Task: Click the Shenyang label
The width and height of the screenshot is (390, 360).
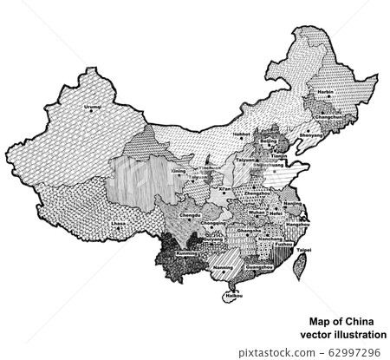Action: pos(310,135)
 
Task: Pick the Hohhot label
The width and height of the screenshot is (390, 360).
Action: pos(244,135)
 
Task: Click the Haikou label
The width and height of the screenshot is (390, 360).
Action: pos(231,296)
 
